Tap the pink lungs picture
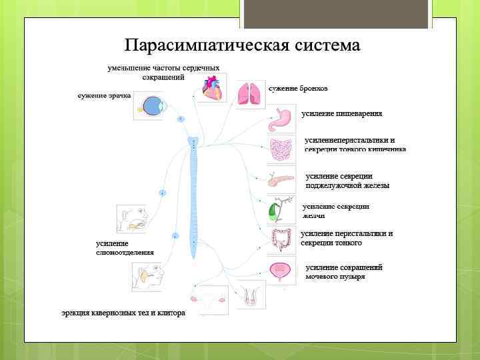coord(251,93)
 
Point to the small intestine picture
coord(281,149)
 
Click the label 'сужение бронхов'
coord(298,89)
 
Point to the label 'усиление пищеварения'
coord(341,114)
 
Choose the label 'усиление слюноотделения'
coord(125,248)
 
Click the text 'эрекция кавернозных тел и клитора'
coord(123,313)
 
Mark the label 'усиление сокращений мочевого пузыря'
coord(344,271)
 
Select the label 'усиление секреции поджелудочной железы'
coord(347,181)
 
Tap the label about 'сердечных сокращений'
coord(163,72)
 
